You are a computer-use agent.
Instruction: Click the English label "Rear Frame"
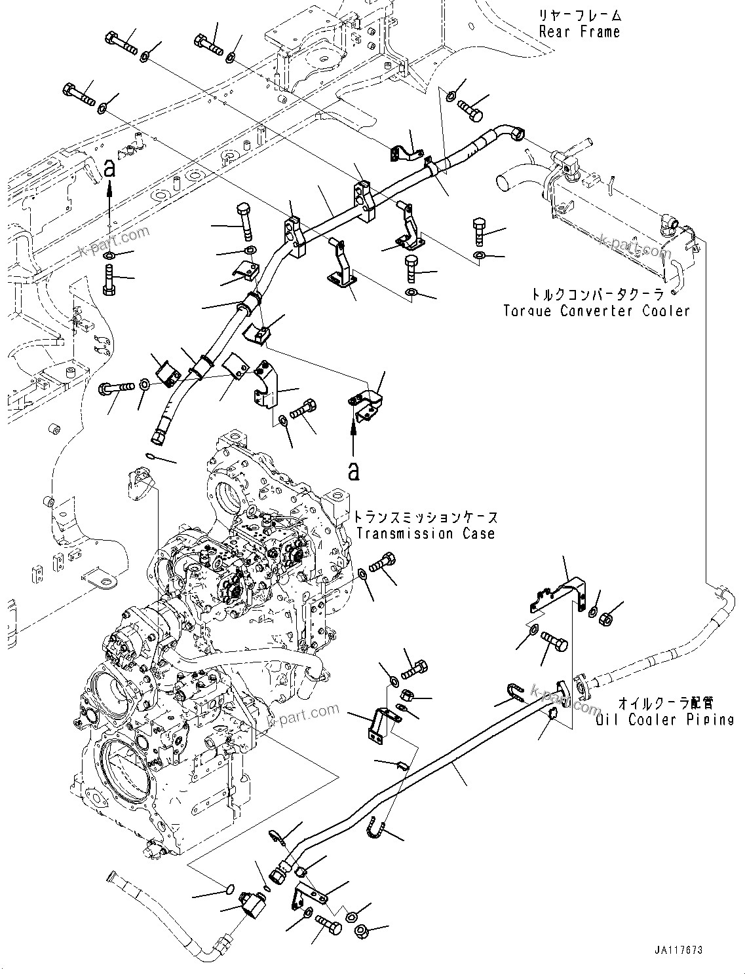pyautogui.click(x=579, y=31)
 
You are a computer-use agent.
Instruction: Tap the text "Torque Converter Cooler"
pyautogui.click(x=596, y=311)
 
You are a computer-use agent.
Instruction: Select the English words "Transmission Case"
pyautogui.click(x=426, y=533)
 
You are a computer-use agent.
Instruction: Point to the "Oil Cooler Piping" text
pyautogui.click(x=664, y=720)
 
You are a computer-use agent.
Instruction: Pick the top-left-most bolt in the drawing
pyautogui.click(x=121, y=43)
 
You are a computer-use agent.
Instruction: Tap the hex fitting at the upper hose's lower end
pyautogui.click(x=159, y=434)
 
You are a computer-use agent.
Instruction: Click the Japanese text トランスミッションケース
pyautogui.click(x=426, y=517)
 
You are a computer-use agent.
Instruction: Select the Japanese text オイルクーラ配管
pyautogui.click(x=666, y=704)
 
